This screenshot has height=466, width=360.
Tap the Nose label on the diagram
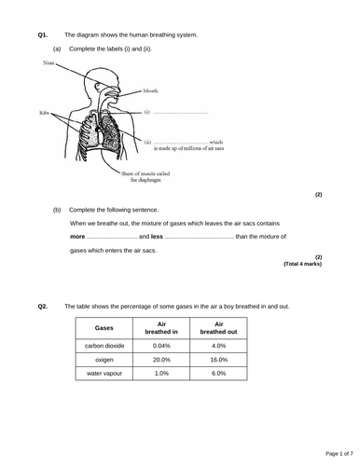click(x=49, y=62)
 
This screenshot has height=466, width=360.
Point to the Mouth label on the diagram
click(x=153, y=91)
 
